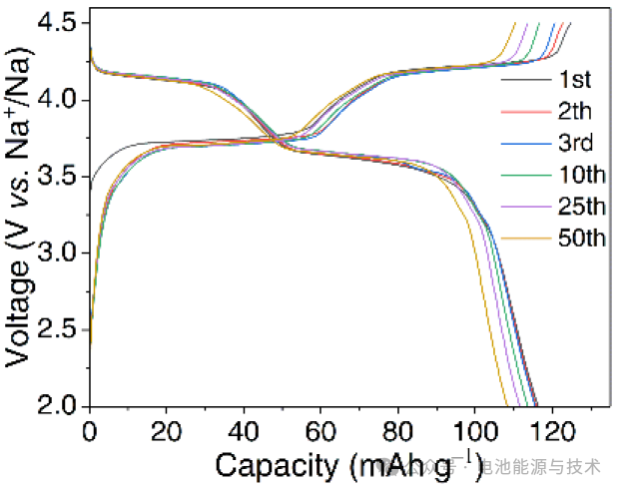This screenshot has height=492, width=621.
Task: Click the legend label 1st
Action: tap(577, 79)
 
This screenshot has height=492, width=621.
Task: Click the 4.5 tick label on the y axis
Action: tap(61, 22)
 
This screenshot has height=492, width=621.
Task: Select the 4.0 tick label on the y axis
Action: tap(61, 100)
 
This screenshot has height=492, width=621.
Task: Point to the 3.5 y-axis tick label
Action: tap(61, 177)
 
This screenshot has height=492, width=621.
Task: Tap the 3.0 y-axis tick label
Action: tap(61, 253)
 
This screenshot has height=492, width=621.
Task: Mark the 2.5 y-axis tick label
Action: tap(61, 330)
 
